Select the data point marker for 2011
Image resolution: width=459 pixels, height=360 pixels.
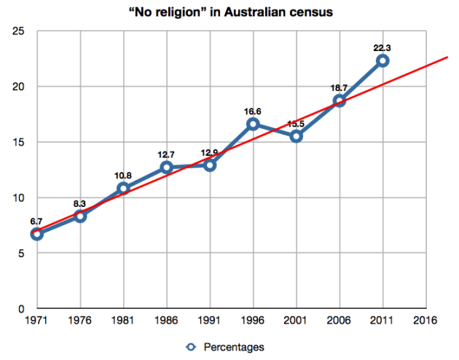[382, 60]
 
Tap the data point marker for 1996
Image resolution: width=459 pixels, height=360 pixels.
[253, 124]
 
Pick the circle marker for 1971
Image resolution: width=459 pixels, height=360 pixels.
[37, 234]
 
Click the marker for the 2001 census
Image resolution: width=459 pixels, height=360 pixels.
[296, 136]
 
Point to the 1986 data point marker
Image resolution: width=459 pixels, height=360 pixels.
[167, 167]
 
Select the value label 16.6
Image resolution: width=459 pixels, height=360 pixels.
[253, 110]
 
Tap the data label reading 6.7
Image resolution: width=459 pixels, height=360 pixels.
[36, 220]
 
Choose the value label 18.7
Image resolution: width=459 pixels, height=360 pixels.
[339, 87]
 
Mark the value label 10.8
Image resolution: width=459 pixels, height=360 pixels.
[123, 175]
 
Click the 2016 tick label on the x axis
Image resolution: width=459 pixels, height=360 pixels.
[425, 321]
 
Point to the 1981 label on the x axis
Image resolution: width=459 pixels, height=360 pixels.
[123, 321]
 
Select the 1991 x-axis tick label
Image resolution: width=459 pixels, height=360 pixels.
[210, 321]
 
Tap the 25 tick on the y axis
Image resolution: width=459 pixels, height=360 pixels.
[19, 31]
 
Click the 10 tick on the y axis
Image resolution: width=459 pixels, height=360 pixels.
[19, 197]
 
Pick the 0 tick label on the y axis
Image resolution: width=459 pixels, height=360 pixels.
[22, 309]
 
